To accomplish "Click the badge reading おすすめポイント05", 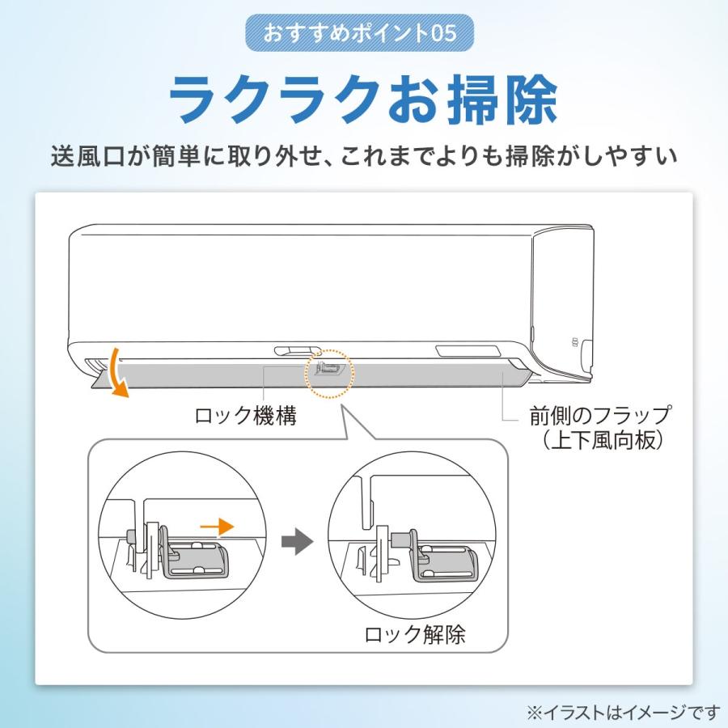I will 358,34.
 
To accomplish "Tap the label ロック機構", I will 245,417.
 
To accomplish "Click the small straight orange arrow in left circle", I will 216,527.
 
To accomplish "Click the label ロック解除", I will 415,634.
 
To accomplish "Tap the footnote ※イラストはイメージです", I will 623,712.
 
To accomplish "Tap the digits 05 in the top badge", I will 445,34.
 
